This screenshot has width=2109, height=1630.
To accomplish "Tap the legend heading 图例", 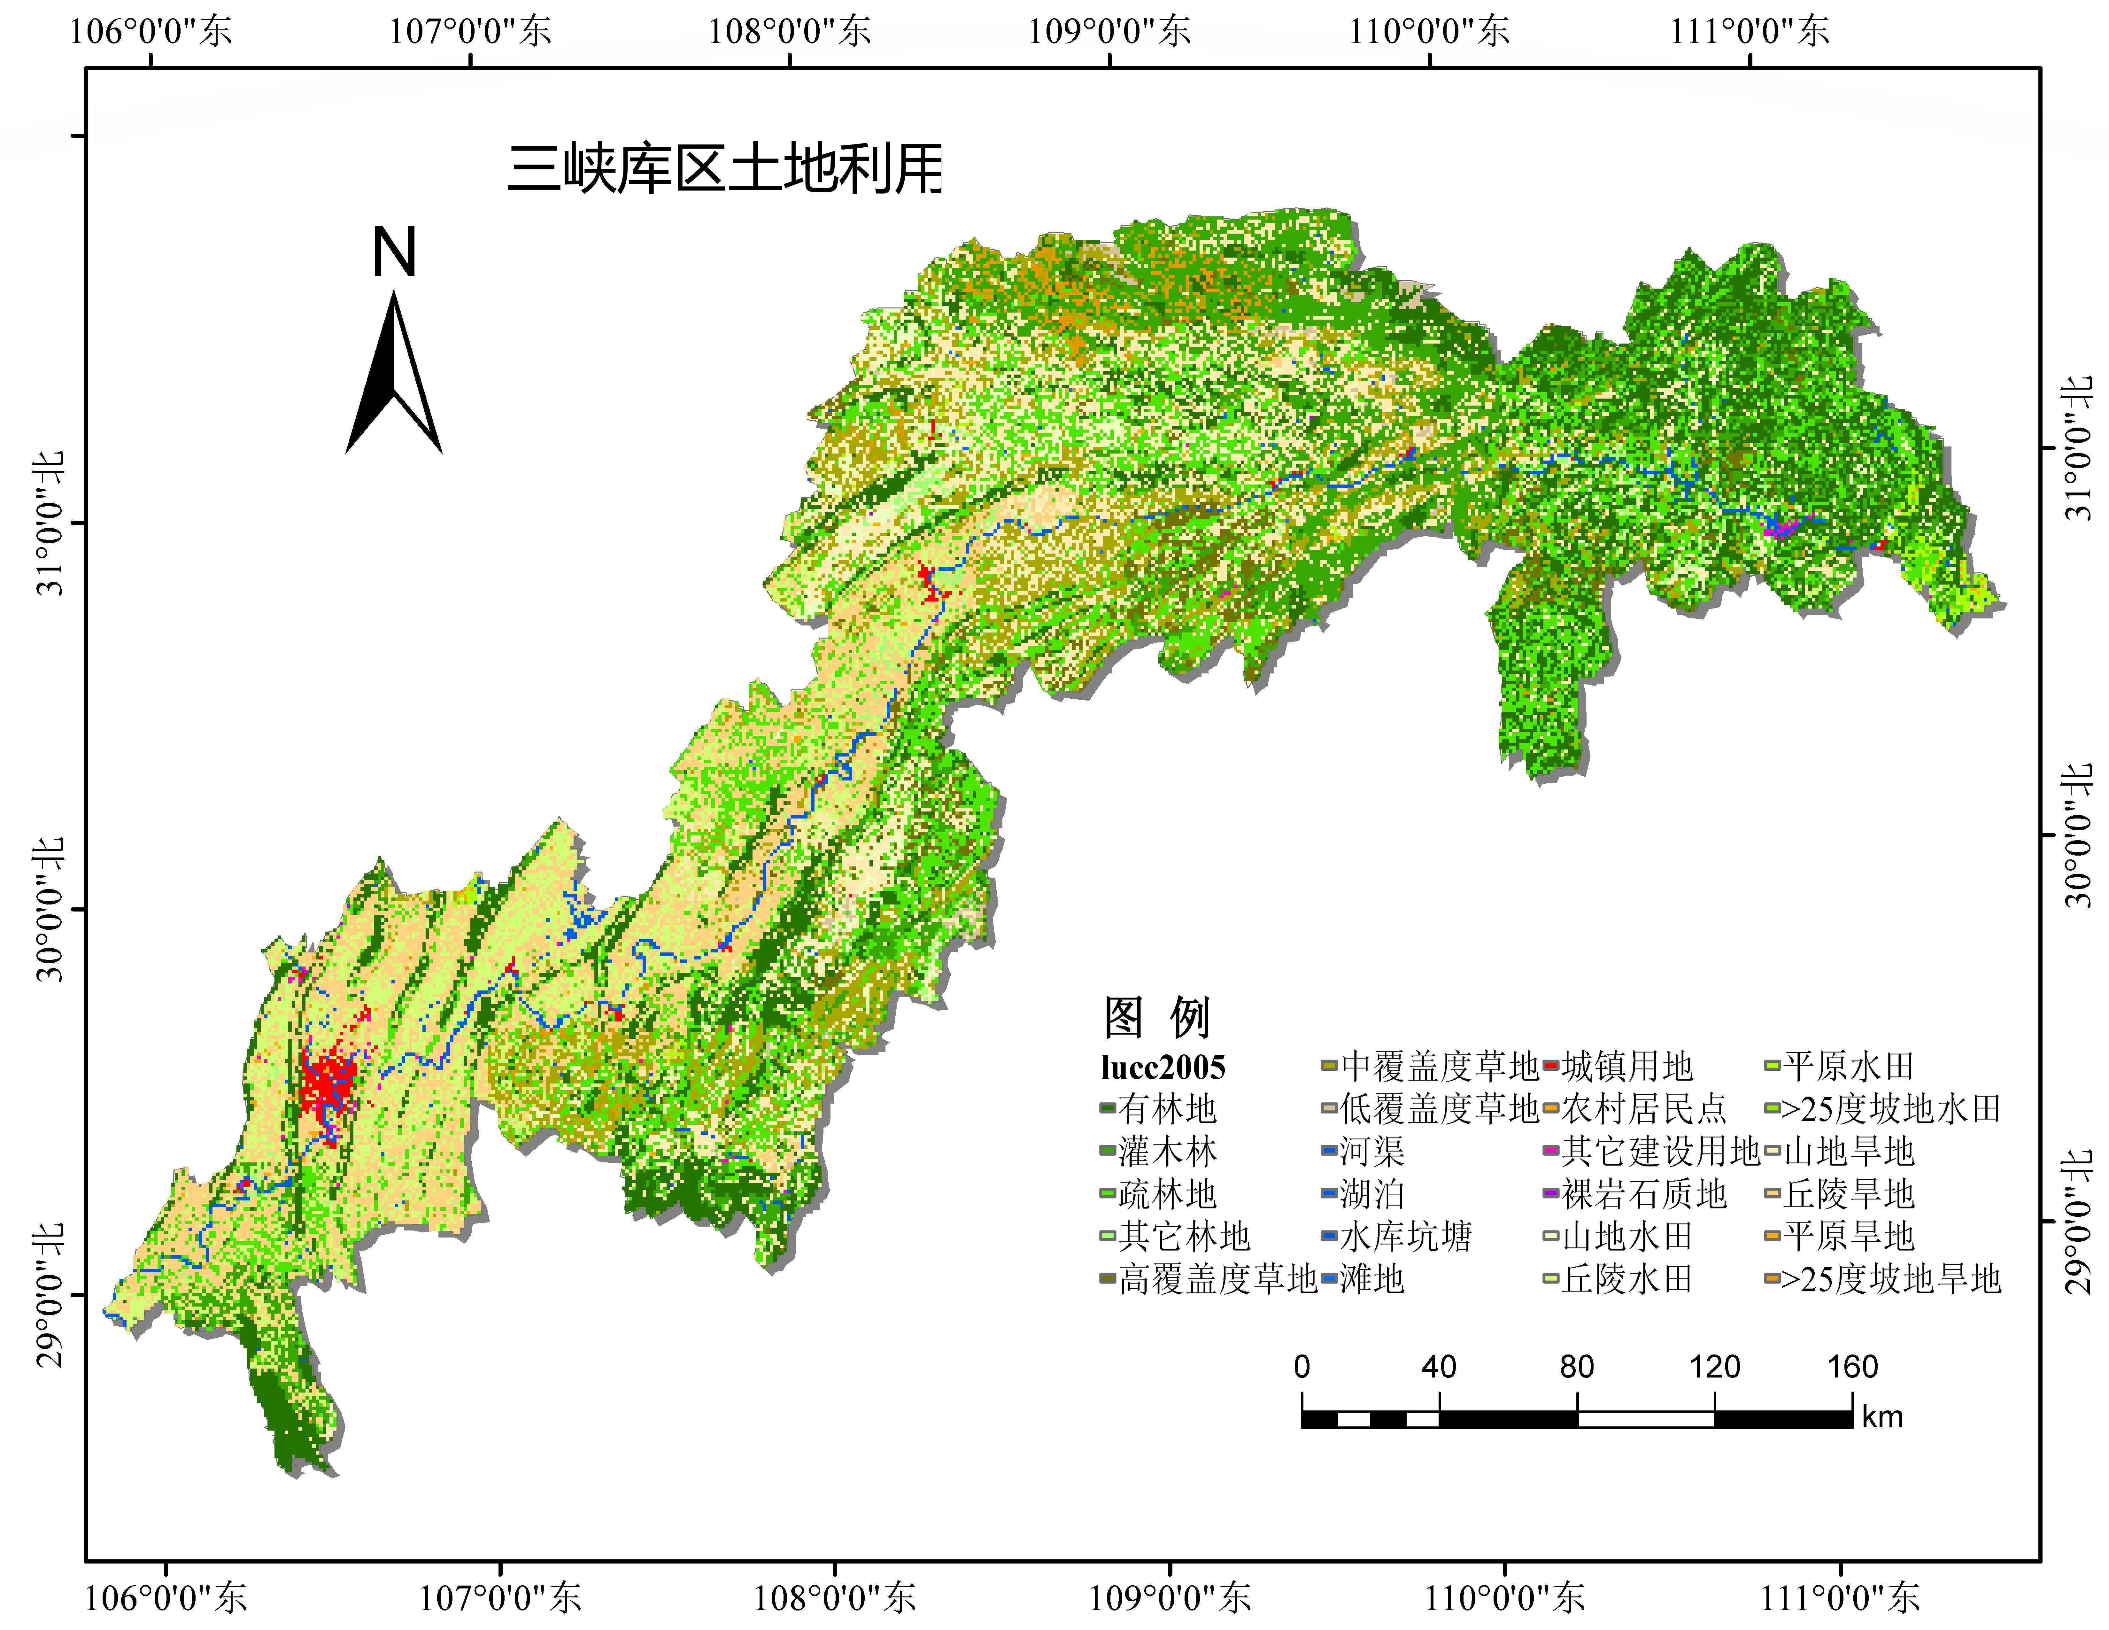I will (x=1157, y=1017).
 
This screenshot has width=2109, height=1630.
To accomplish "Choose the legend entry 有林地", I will (x=1167, y=1110).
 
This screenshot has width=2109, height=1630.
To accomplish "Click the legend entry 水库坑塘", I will (x=1405, y=1237).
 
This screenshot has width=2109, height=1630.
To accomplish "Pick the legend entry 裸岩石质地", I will (x=1643, y=1194).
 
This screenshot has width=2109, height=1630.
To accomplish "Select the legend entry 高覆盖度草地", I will (x=1217, y=1279).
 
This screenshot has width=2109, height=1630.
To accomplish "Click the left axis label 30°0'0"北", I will (x=50, y=909).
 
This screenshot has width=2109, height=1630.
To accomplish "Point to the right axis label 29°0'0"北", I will (x=2078, y=1222).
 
